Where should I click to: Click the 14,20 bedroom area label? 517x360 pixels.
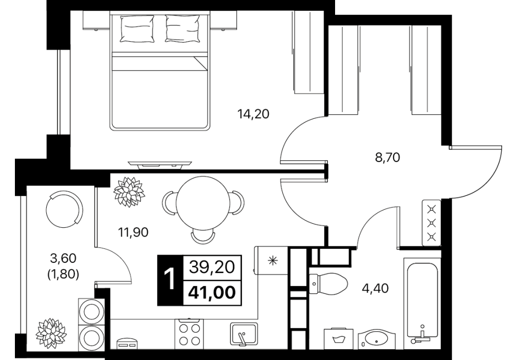[253, 114]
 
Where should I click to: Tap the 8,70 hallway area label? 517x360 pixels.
[387, 158]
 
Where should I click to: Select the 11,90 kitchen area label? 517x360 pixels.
[133, 232]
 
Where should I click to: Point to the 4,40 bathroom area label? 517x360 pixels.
[375, 289]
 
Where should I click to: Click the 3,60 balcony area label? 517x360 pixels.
[63, 258]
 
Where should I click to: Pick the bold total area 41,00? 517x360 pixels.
[212, 292]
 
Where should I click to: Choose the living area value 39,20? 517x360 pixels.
[212, 266]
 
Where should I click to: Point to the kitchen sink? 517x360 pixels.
[244, 334]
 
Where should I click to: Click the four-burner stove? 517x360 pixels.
[189, 334]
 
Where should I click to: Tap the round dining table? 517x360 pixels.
[203, 202]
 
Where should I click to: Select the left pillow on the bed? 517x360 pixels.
[137, 29]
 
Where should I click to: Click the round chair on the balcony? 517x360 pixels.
[65, 210]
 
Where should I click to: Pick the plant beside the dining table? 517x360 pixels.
[129, 192]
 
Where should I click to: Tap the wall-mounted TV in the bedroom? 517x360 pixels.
[160, 164]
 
